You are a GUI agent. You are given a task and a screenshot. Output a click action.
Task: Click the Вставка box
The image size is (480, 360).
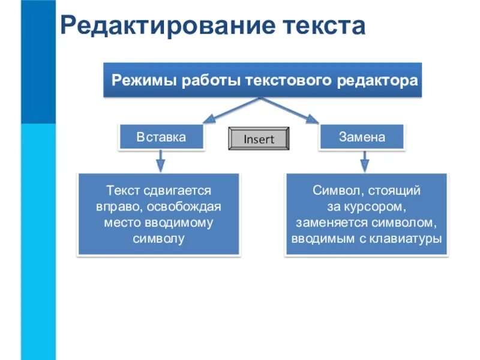[161, 137]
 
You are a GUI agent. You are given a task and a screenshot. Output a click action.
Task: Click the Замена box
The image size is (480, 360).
[362, 137]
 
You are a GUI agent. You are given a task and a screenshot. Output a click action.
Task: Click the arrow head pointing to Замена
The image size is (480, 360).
[313, 119]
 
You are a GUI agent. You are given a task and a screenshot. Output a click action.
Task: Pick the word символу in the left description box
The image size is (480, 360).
[158, 238]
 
